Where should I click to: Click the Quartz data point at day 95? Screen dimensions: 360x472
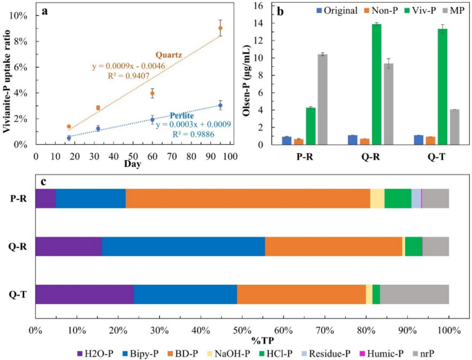point(220,28)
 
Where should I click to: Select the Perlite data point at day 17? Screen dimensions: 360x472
point(68,138)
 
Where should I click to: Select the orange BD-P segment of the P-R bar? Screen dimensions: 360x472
point(247,198)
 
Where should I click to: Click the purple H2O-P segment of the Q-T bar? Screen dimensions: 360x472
point(84,294)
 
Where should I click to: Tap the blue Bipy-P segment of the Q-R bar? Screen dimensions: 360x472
point(183,246)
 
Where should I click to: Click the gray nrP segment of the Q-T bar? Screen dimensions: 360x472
point(414,294)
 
